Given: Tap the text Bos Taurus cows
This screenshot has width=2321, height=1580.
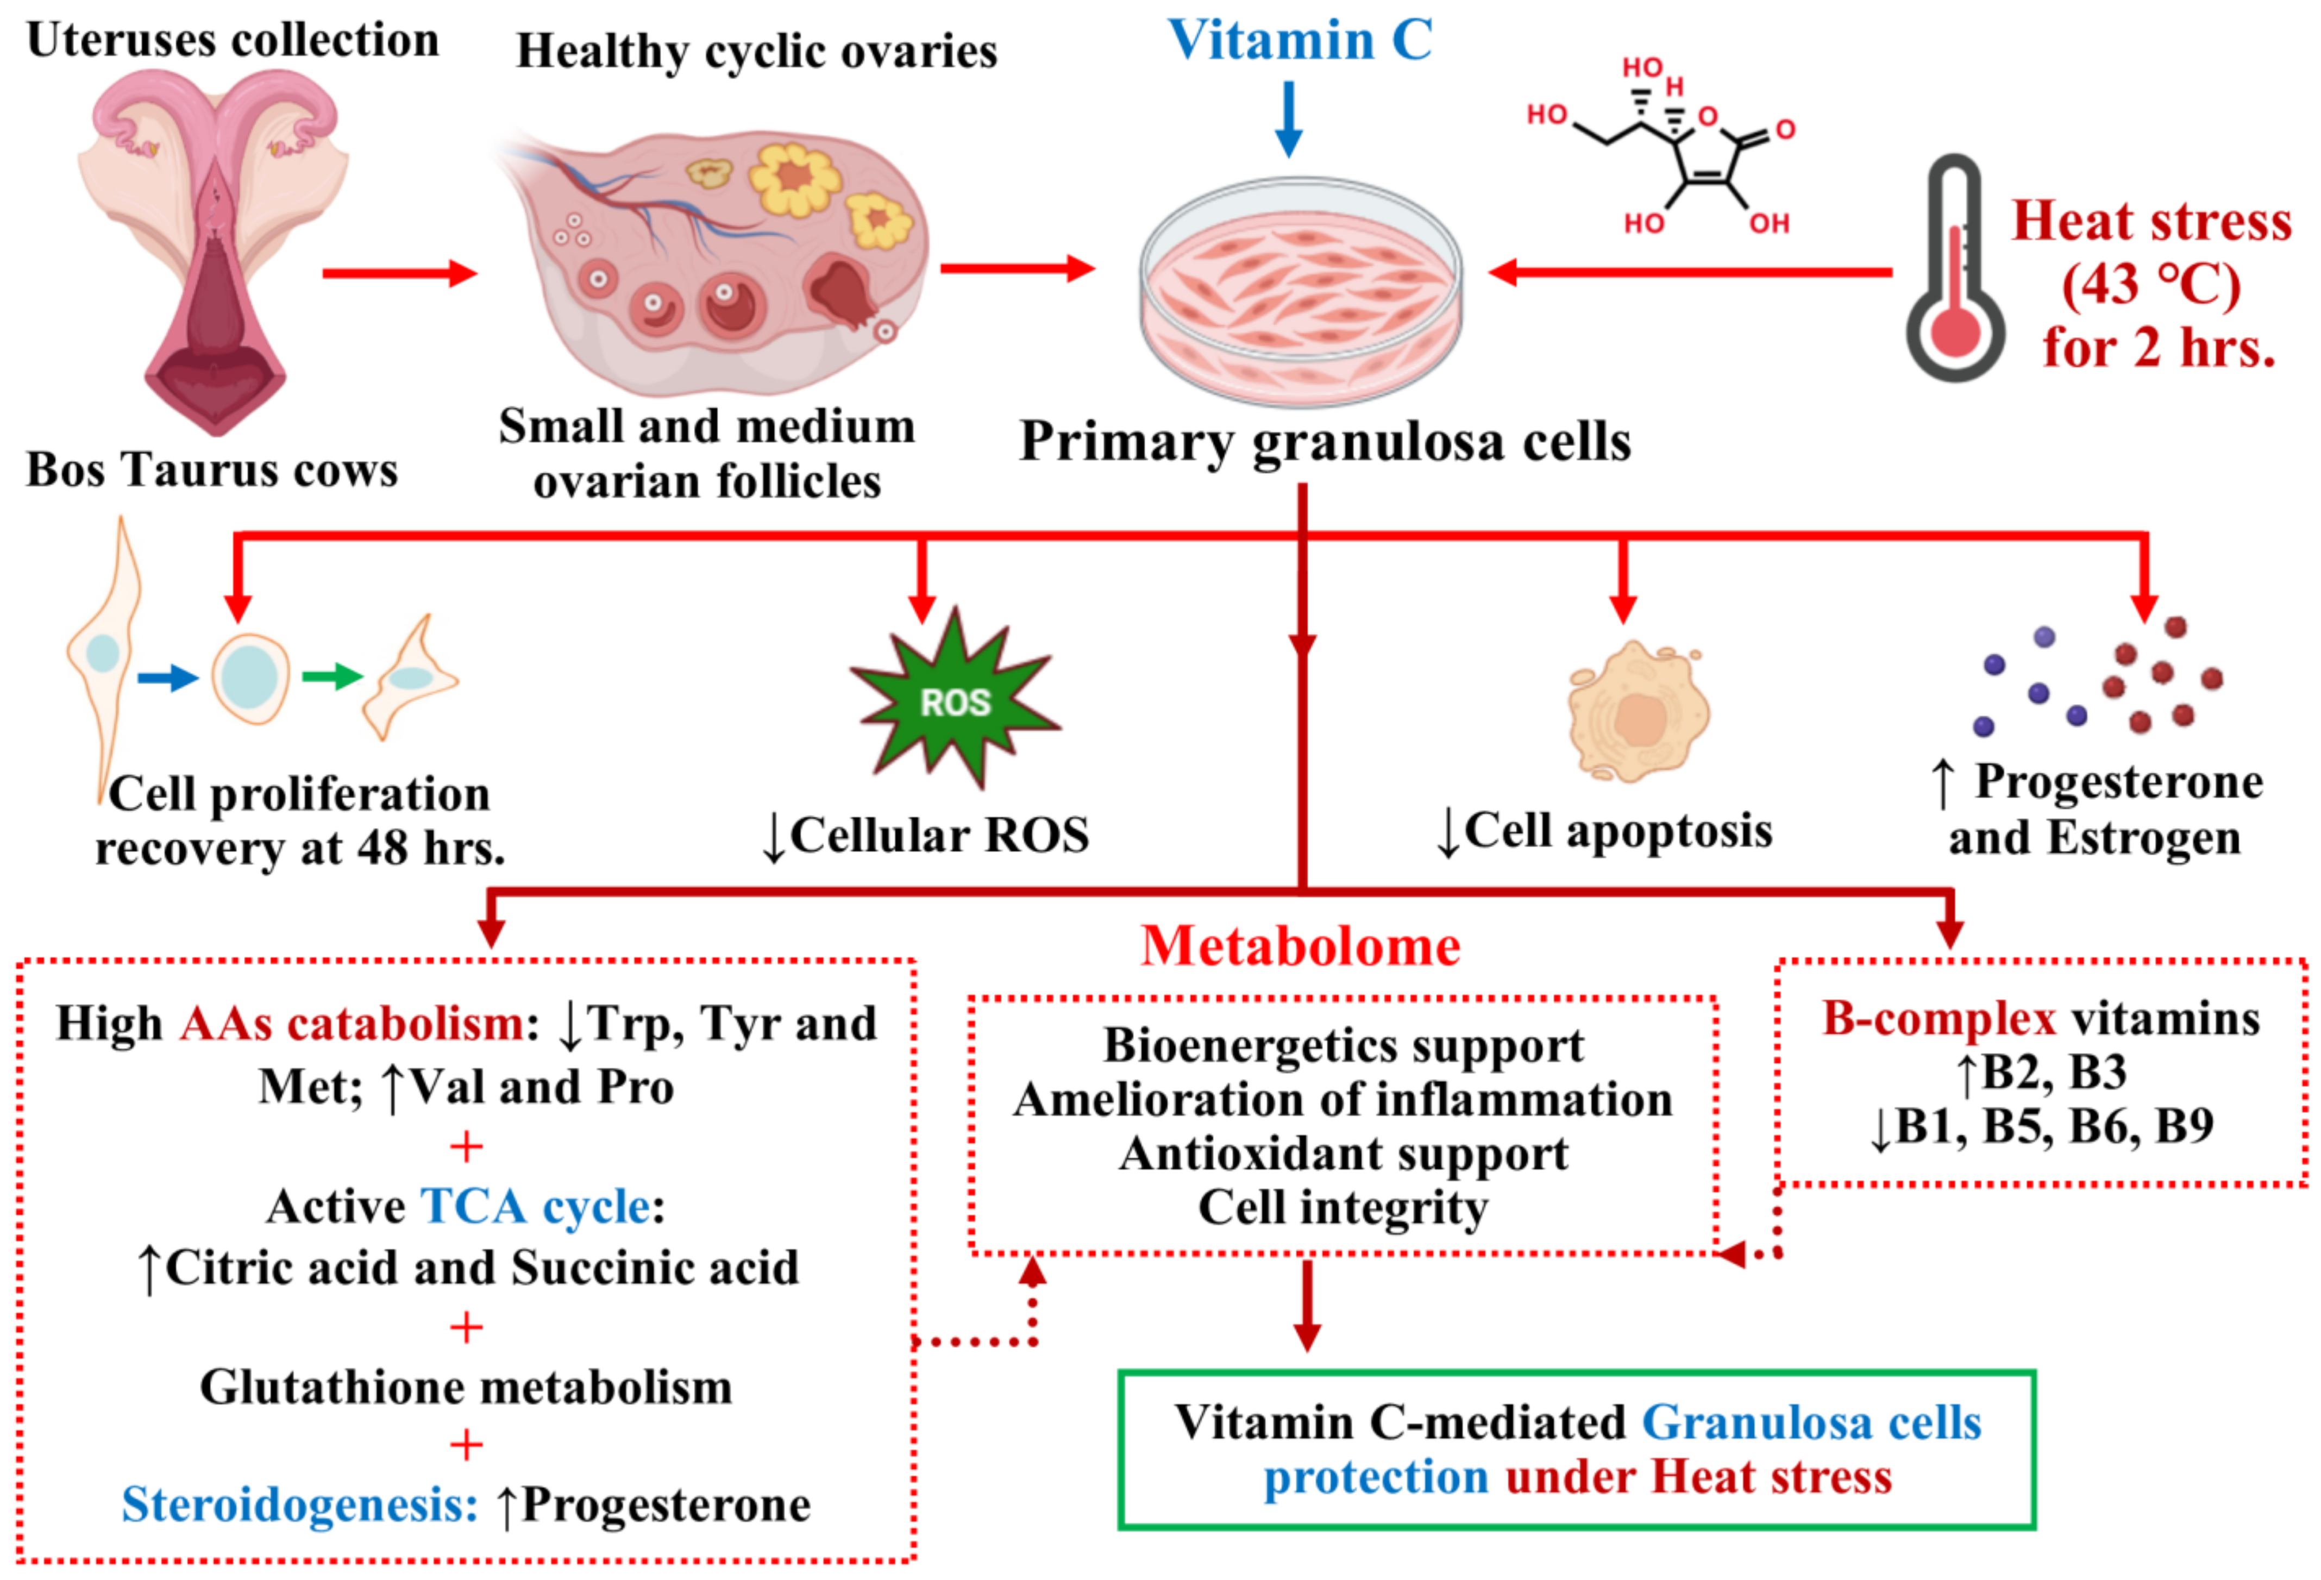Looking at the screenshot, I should (x=212, y=469).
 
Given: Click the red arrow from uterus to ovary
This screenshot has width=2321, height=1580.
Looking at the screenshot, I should (x=399, y=273).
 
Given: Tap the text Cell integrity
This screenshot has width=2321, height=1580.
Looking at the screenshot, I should (x=1343, y=1207).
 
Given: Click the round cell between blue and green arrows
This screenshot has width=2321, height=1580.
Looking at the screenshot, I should (x=250, y=677).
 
